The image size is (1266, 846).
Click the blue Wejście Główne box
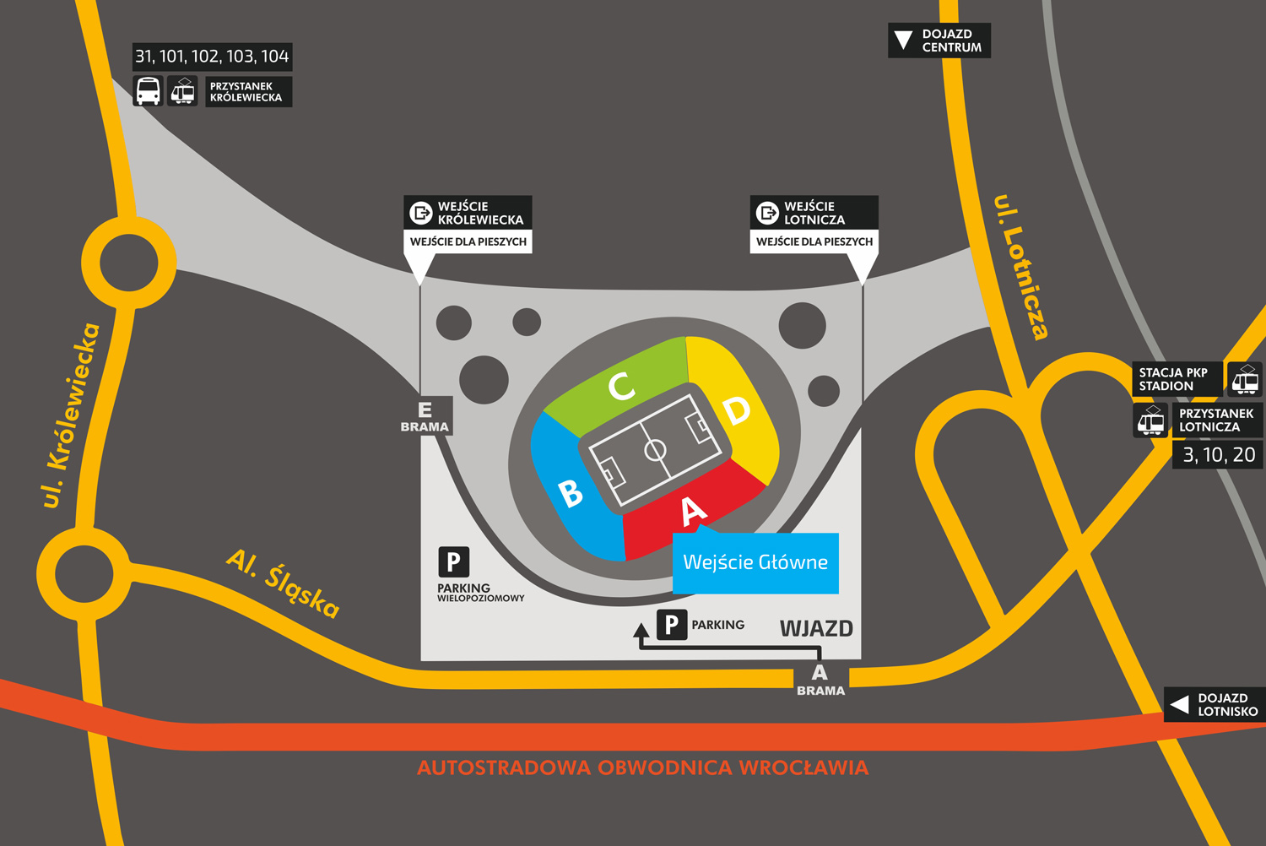[x=755, y=562]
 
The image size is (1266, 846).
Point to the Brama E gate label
[x=425, y=416]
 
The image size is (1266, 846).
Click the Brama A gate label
[x=820, y=680]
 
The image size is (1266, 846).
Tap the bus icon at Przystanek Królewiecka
[x=148, y=91]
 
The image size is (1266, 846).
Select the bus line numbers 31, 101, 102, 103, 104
[x=212, y=57]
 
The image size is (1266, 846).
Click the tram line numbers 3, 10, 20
[x=1219, y=455]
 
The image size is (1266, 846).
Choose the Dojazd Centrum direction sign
[x=939, y=41]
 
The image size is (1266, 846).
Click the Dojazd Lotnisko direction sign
[x=1215, y=704]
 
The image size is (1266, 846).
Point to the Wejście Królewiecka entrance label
[x=468, y=213]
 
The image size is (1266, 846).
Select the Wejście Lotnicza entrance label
[x=814, y=213]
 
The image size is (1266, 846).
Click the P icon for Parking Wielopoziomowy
[x=453, y=561]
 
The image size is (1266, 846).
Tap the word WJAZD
[x=816, y=628]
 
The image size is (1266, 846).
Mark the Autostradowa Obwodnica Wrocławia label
[x=642, y=767]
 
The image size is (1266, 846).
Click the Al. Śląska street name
[x=284, y=583]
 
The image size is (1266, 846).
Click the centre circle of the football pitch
[x=655, y=450]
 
